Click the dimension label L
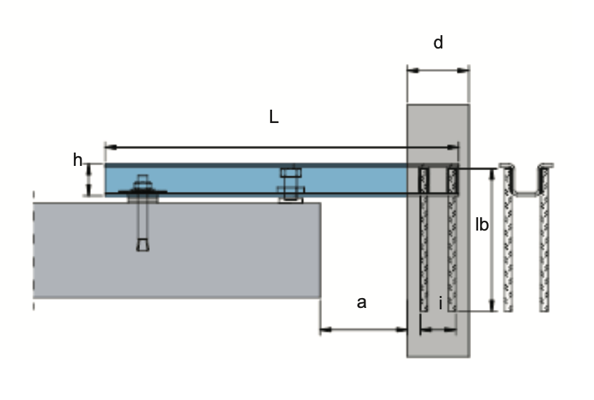[274, 118]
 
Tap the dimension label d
[438, 44]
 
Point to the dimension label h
[77, 161]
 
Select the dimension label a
[361, 303]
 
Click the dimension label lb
[482, 226]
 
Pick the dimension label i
[440, 304]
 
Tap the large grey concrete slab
[176, 250]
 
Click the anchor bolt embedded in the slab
[143, 225]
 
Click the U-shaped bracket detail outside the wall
[524, 183]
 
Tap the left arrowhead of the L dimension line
[108, 148]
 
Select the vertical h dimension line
[89, 179]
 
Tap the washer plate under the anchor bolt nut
[142, 193]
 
